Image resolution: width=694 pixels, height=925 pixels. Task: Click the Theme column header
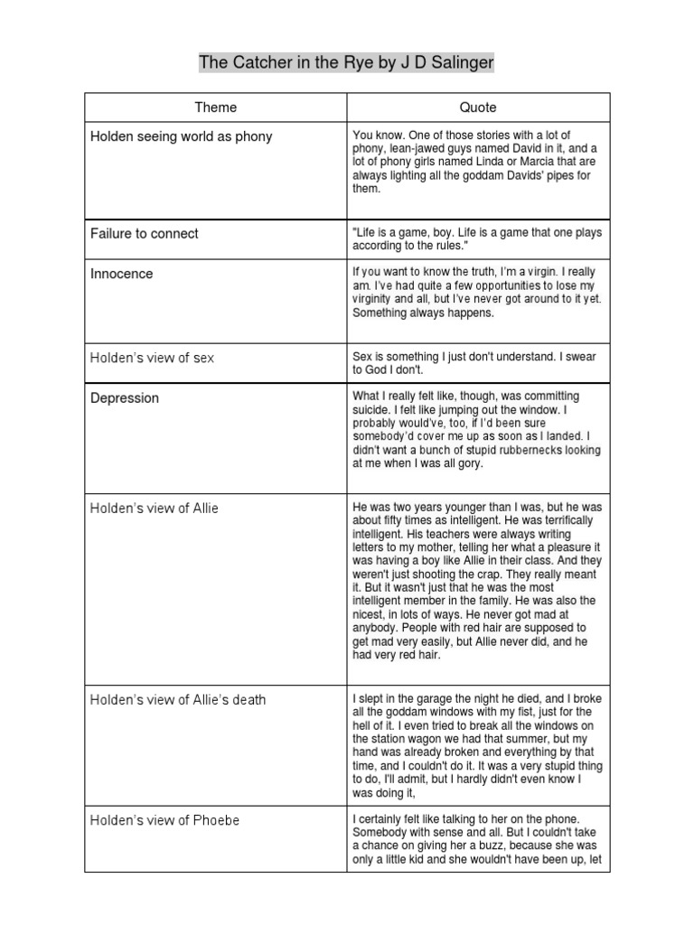[216, 107]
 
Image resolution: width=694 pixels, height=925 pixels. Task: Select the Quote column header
[478, 107]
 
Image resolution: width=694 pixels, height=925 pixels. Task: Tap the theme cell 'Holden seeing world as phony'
[181, 136]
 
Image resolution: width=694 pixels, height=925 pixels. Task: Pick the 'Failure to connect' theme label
[145, 233]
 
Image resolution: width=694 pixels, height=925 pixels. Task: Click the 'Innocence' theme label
[122, 274]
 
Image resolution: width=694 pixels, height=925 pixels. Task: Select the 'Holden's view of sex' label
[152, 358]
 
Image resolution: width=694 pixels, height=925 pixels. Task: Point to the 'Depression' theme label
[125, 398]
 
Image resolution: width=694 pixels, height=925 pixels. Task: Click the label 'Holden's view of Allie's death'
[178, 699]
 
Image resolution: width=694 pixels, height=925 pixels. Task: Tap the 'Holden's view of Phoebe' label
[164, 820]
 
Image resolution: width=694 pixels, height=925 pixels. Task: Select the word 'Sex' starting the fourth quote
[363, 358]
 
